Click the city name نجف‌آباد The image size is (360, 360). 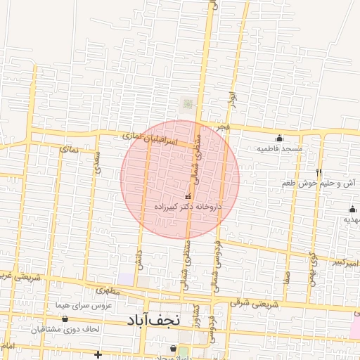pyautogui.click(x=153, y=320)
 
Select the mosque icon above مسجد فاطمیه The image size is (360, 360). pyautogui.click(x=279, y=139)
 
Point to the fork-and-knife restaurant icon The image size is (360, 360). pyautogui.click(x=319, y=173)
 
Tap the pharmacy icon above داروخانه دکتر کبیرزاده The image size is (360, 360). pyautogui.click(x=187, y=197)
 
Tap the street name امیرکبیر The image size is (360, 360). pyautogui.click(x=347, y=263)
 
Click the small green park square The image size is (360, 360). pyautogui.click(x=188, y=104)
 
